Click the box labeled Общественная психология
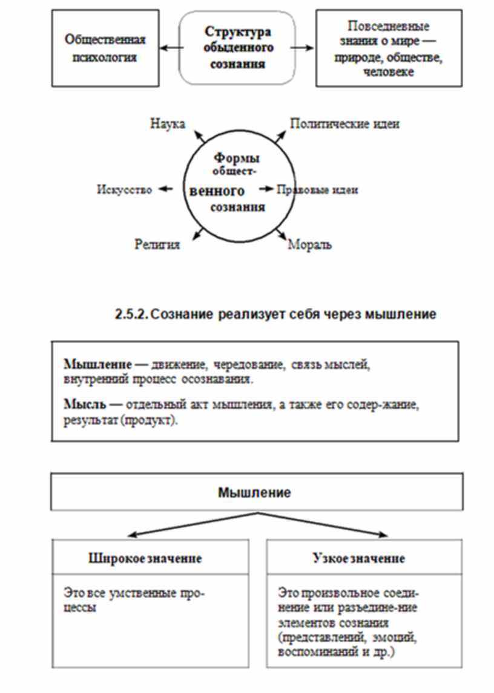coord(105,49)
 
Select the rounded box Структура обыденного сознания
coord(237,48)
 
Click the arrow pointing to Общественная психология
coord(171,49)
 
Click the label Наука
coord(167,123)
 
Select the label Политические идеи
coord(344,123)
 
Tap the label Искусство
coord(123,190)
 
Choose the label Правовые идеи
coord(317,190)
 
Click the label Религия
coord(157,245)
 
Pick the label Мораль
coord(309,245)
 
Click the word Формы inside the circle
coord(236,158)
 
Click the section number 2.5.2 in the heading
coord(131,314)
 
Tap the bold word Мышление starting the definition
coord(89,365)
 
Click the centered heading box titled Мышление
coord(254,492)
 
